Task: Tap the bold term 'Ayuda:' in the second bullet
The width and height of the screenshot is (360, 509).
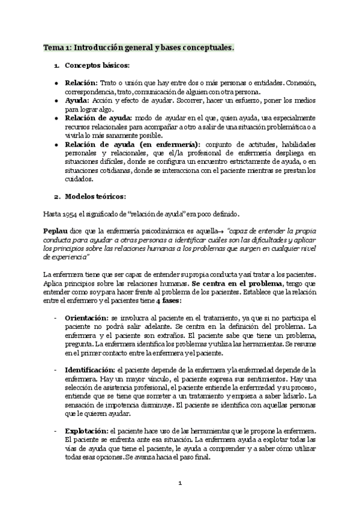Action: pyautogui.click(x=78, y=101)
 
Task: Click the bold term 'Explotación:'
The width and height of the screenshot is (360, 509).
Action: pyautogui.click(x=86, y=432)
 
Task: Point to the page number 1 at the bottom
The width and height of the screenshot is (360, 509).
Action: pyautogui.click(x=180, y=483)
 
